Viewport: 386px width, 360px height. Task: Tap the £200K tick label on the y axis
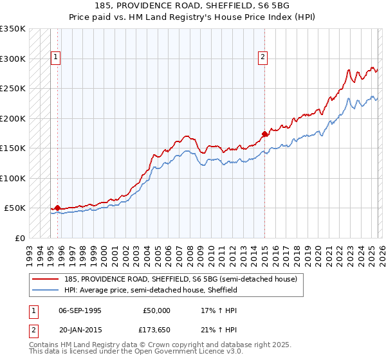[x=13, y=119]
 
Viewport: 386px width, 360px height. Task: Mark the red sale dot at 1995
[x=57, y=208]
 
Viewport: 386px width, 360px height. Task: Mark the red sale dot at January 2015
[x=264, y=134]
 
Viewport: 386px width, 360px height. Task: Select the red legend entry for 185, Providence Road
[x=180, y=279]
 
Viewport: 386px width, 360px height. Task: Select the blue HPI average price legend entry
[x=151, y=290]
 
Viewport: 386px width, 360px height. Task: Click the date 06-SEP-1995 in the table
[x=80, y=310]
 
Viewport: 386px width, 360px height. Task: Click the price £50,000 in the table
[x=156, y=310]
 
